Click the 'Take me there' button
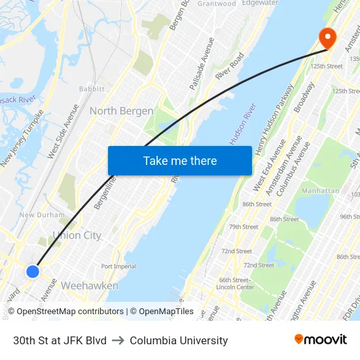pos(180,160)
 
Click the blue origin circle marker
pos(33,271)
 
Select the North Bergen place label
pos(121,111)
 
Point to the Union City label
pos(77,235)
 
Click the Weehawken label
pos(89,286)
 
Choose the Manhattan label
pos(321,190)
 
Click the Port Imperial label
pos(118,266)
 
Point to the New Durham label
pos(42,215)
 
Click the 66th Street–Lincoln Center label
pos(235,283)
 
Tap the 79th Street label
pos(243,227)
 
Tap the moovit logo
pos(320,340)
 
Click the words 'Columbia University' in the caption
pos(179,340)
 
